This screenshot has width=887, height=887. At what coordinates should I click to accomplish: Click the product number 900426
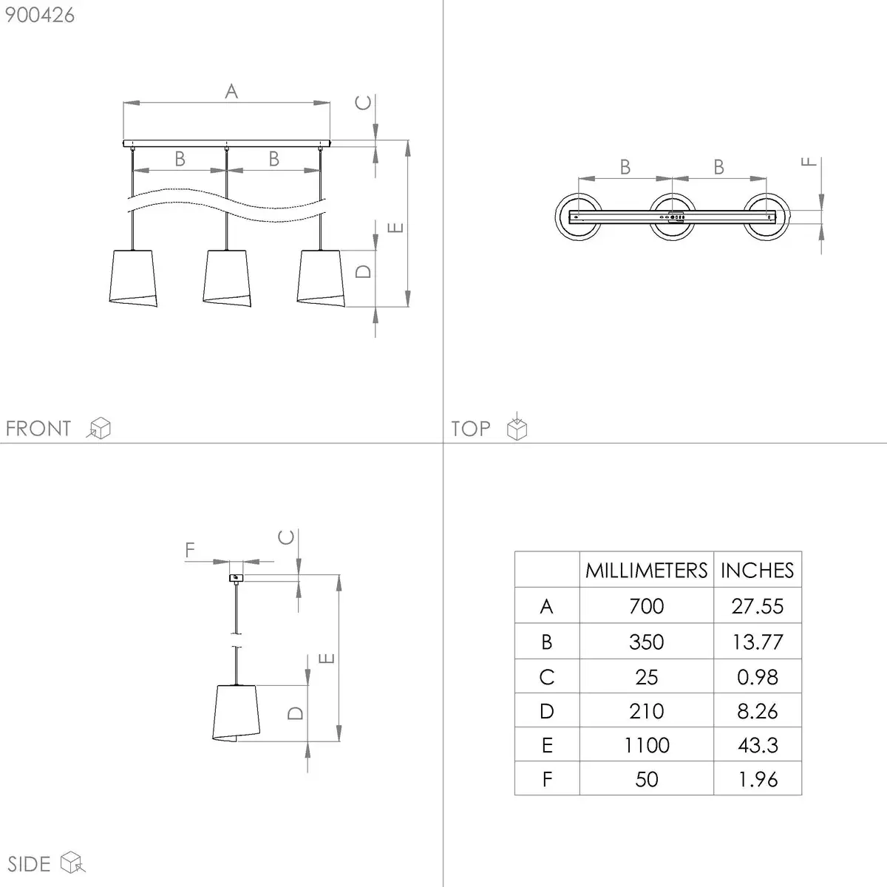pyautogui.click(x=40, y=16)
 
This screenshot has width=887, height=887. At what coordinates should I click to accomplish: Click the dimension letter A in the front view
pyautogui.click(x=231, y=91)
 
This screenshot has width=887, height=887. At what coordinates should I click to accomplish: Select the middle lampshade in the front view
pyautogui.click(x=227, y=278)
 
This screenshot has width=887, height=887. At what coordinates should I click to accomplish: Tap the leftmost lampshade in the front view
pyautogui.click(x=133, y=278)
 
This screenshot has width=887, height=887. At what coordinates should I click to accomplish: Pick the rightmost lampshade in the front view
pyautogui.click(x=321, y=278)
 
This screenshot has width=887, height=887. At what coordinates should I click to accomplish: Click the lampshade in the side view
pyautogui.click(x=236, y=713)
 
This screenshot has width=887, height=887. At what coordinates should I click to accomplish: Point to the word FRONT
pyautogui.click(x=38, y=429)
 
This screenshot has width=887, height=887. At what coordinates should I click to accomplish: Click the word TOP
pyautogui.click(x=470, y=429)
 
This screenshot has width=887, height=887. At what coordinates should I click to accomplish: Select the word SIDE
pyautogui.click(x=29, y=864)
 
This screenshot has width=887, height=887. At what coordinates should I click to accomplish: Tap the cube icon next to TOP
pyautogui.click(x=517, y=426)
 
